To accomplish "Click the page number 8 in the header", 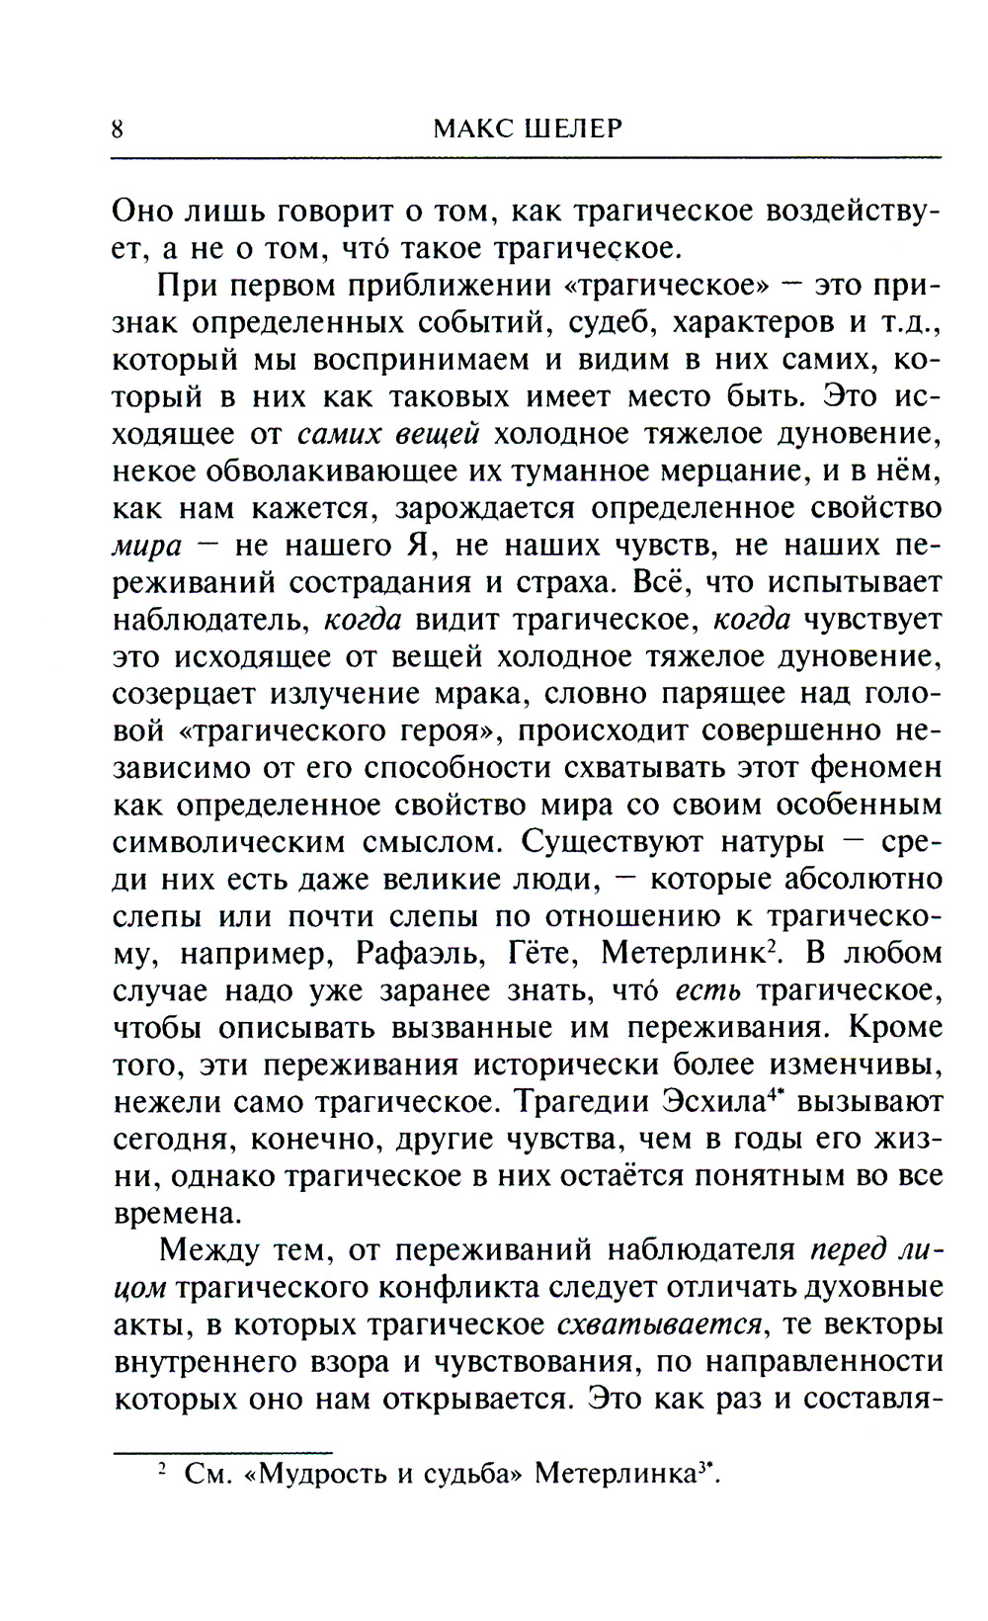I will pyautogui.click(x=118, y=129).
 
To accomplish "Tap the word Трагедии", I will pyautogui.click(x=585, y=1102).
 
